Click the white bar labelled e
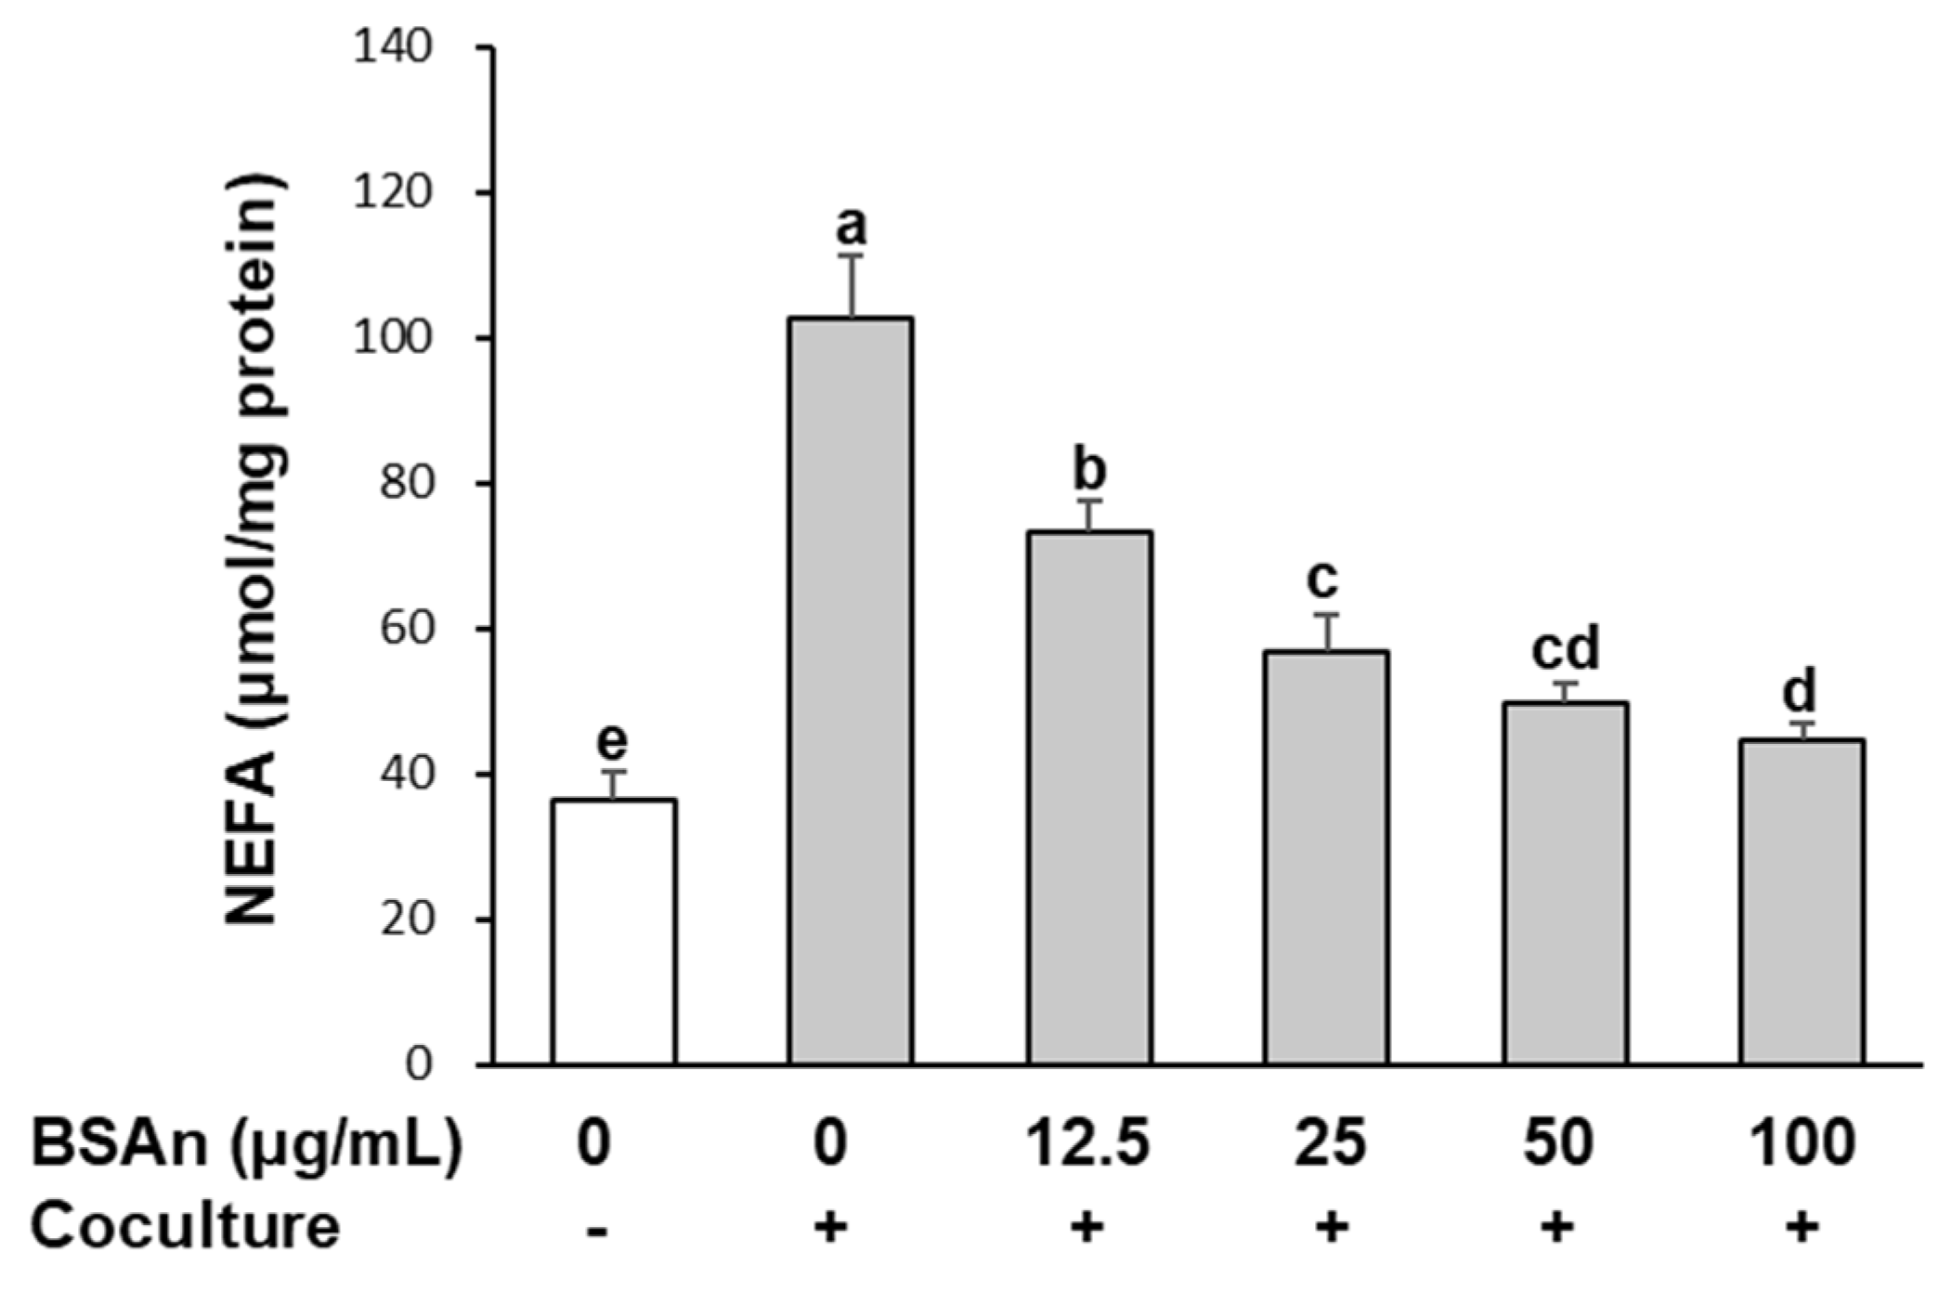click(613, 931)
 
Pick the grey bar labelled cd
click(1565, 882)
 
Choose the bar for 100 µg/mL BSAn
click(1802, 901)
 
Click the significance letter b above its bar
click(1090, 470)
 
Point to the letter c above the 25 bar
click(1322, 580)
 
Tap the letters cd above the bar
click(1566, 649)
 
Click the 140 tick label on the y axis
click(393, 46)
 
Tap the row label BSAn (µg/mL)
click(246, 1142)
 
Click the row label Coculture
click(186, 1226)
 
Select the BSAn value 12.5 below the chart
click(1088, 1142)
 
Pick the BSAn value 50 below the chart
click(1558, 1142)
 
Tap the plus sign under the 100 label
click(1802, 1228)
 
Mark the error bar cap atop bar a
click(852, 254)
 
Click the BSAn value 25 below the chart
click(1330, 1142)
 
